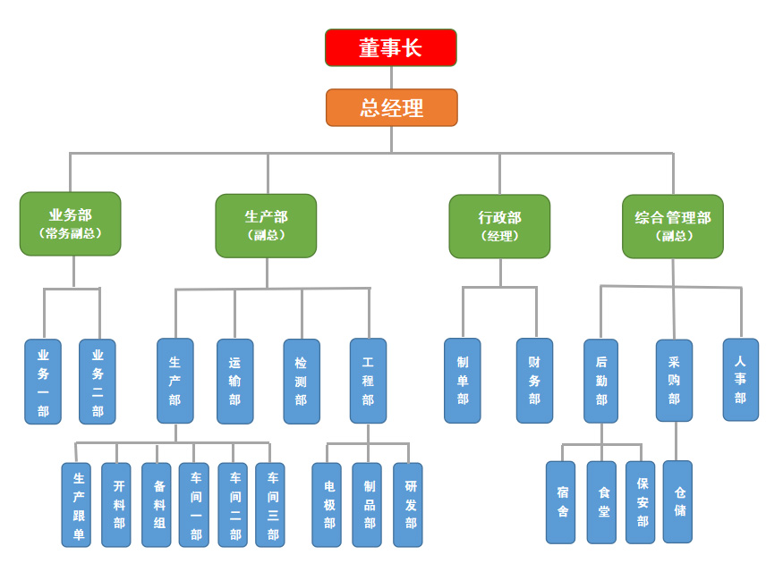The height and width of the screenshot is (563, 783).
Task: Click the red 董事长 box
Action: point(390,47)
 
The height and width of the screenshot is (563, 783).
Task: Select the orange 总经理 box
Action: point(391,107)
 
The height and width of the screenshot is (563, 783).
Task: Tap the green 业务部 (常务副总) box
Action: point(70,223)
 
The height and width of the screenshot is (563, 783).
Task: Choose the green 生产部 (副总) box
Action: point(266,225)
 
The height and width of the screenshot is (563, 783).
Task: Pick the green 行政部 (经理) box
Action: point(499,226)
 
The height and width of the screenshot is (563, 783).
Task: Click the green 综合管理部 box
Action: point(672,226)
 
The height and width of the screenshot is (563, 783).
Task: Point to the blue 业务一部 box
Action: point(43,381)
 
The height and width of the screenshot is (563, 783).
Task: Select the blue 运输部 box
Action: point(234,381)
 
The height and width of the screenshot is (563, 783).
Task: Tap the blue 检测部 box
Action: point(302,381)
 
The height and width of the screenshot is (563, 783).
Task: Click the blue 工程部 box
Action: point(368,381)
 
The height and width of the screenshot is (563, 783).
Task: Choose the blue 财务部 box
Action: point(534,380)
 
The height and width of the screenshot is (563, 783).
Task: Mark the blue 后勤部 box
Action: point(600,380)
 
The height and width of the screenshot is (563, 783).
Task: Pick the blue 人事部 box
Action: point(740,379)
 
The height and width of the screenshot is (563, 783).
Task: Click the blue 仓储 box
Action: point(677,501)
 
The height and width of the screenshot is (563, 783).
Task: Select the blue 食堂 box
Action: point(601,502)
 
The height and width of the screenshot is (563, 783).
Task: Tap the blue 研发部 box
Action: point(408,504)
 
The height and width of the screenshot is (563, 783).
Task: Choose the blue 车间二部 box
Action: point(233,504)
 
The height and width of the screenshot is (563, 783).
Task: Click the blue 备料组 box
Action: point(157,504)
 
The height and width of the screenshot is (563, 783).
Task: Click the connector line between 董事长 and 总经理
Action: point(391,78)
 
